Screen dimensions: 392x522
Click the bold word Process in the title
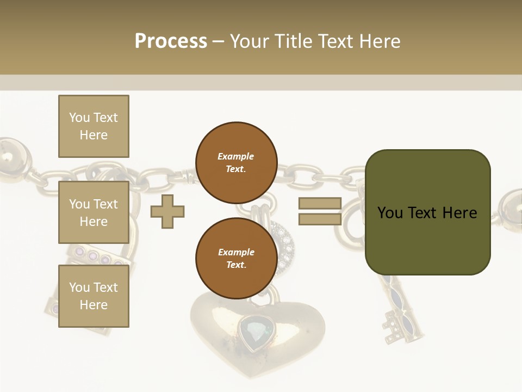pos(171,41)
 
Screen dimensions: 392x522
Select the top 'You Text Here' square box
pos(94,126)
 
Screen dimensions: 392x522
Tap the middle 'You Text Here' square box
pos(94,212)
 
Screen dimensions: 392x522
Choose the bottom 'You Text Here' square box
pos(94,296)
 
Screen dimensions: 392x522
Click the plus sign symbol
pos(167,211)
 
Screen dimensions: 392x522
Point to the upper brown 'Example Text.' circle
pos(236,162)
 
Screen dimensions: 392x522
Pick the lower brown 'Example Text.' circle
pos(236,258)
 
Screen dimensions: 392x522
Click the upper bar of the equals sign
pos(320,204)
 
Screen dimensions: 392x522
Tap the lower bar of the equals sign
pos(320,219)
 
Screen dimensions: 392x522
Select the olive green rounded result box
pos(427,212)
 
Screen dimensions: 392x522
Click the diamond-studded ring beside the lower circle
pos(283,248)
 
